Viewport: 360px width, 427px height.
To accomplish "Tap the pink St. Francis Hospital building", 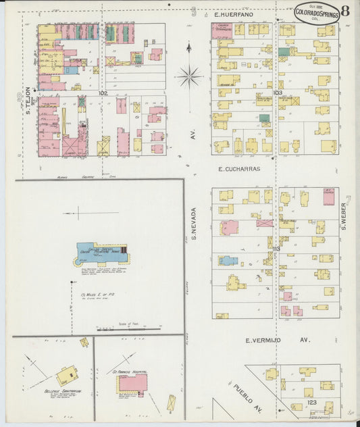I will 132,384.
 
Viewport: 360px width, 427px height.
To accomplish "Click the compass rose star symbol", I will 188,76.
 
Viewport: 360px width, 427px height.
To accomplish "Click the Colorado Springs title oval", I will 316,13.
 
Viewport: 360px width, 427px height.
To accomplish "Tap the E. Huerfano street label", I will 233,14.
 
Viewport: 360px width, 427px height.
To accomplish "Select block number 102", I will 103,93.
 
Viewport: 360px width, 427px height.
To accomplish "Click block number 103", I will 277,93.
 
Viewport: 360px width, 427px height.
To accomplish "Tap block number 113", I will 276,249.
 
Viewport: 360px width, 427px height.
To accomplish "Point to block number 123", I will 311,401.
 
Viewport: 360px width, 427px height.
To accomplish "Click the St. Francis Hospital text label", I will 130,371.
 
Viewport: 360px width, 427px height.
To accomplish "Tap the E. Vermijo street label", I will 277,341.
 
